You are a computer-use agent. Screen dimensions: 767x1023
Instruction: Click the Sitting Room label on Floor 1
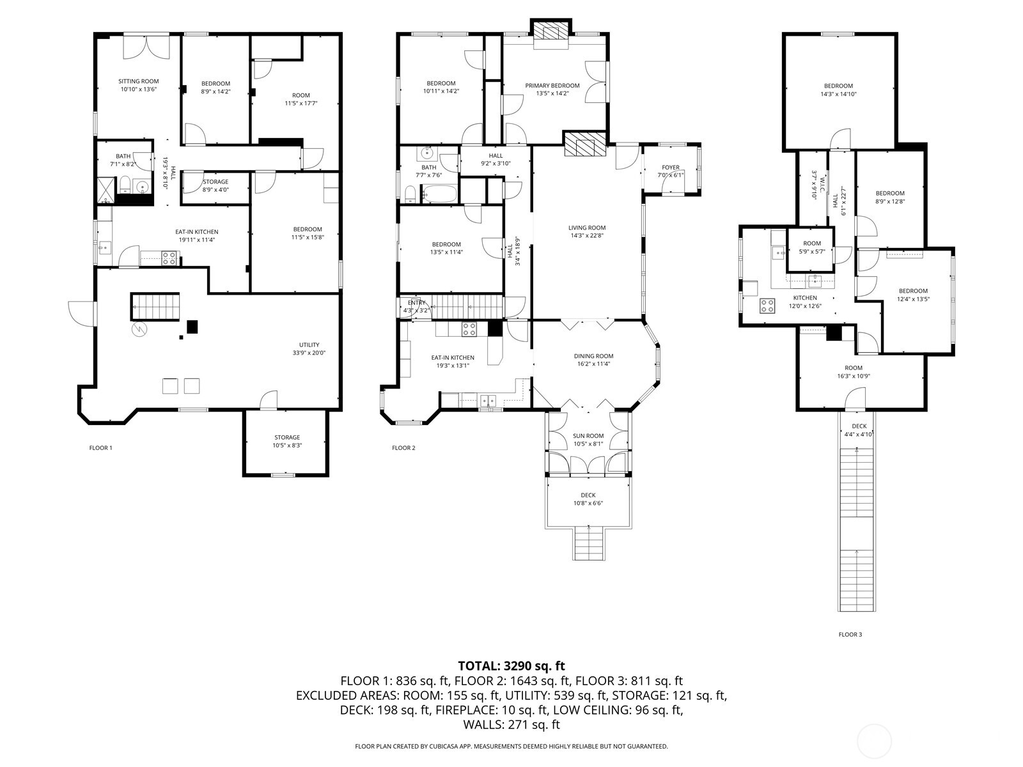click(139, 81)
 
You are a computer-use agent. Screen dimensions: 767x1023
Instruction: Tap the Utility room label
click(309, 345)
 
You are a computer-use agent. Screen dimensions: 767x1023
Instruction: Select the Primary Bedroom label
click(552, 86)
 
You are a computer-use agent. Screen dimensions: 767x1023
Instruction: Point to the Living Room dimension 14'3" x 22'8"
click(586, 235)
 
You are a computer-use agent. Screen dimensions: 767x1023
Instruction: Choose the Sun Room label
click(588, 436)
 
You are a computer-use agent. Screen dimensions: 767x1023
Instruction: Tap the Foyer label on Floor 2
click(670, 167)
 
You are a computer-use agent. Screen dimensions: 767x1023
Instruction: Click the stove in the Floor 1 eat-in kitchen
click(169, 258)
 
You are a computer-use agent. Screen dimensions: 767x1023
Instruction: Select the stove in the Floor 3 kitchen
click(767, 306)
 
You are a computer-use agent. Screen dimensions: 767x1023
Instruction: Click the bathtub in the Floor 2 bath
click(440, 194)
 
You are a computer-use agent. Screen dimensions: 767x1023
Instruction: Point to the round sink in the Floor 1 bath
click(142, 187)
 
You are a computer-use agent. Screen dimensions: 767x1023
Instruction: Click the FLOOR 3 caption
click(850, 635)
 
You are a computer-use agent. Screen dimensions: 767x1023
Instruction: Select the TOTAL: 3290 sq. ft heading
click(511, 666)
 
